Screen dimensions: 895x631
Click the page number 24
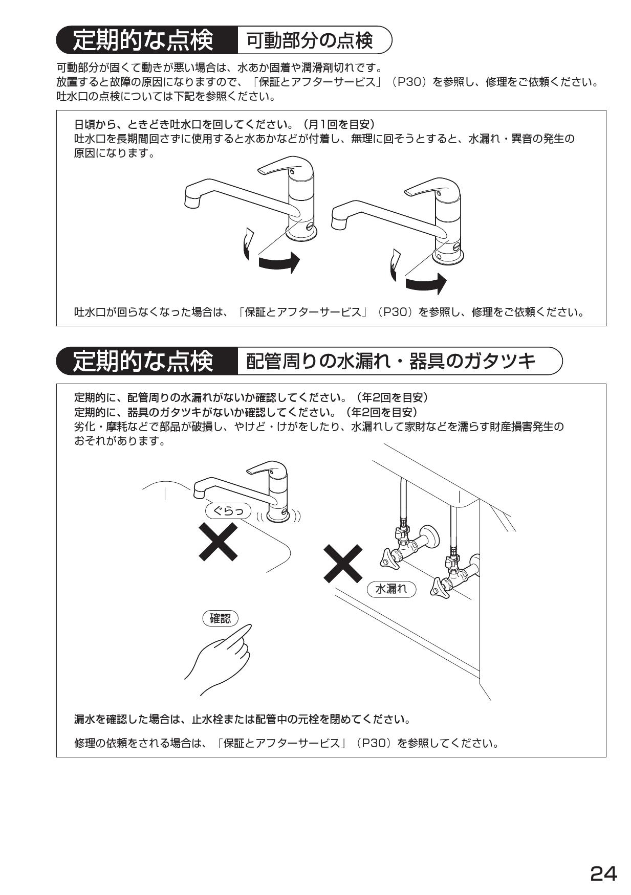[604, 872]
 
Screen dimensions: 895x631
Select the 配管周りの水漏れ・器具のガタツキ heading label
[391, 361]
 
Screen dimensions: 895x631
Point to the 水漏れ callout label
[391, 589]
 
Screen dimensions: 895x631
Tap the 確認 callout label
[221, 618]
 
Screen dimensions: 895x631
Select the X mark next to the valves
[343, 563]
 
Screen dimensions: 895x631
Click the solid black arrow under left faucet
[278, 262]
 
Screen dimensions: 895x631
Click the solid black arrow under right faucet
[426, 283]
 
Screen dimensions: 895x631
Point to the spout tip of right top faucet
[339, 223]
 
